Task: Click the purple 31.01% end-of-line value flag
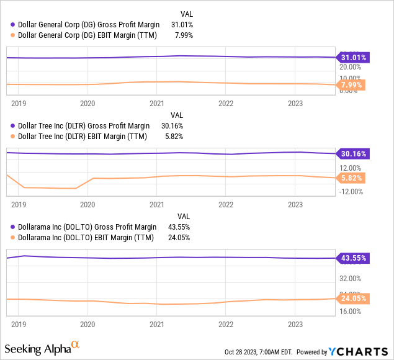(352, 58)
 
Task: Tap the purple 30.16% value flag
(352, 154)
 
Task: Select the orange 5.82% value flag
(352, 178)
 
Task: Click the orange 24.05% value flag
(352, 299)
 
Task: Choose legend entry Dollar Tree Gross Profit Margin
(84, 126)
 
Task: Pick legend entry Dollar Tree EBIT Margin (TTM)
(84, 137)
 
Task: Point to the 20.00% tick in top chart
(350, 68)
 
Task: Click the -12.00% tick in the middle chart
(350, 191)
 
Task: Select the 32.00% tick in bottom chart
(350, 279)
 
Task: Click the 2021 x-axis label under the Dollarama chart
(156, 324)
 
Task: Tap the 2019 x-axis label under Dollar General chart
(19, 104)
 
